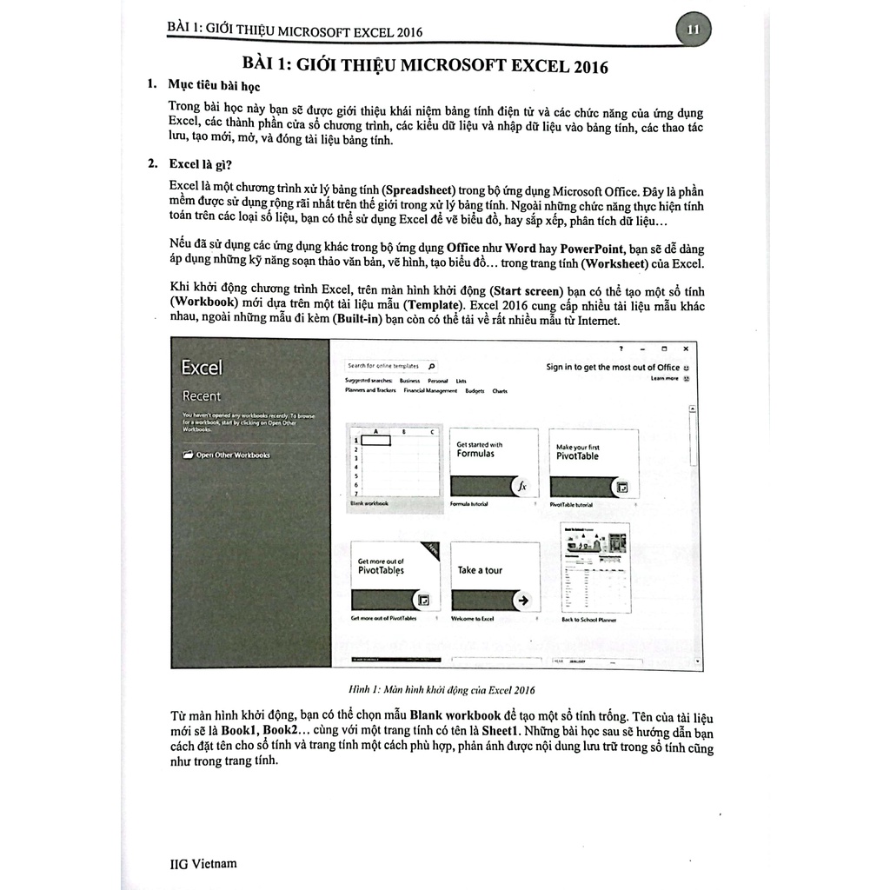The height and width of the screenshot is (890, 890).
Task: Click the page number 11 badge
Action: [x=693, y=30]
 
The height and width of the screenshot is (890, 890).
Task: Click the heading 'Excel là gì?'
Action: [x=200, y=163]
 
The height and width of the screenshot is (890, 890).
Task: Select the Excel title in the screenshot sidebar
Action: [x=202, y=368]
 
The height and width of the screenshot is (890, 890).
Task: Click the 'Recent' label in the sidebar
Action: [x=201, y=396]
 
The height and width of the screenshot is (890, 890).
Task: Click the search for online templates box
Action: [x=390, y=366]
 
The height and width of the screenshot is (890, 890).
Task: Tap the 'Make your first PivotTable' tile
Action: [x=594, y=464]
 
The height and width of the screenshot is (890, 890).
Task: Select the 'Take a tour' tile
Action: [x=495, y=577]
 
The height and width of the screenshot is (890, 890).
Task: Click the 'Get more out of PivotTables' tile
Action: [x=394, y=577]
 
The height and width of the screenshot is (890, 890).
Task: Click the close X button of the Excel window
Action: [x=685, y=349]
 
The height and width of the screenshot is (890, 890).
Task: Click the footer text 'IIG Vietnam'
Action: [x=203, y=863]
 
